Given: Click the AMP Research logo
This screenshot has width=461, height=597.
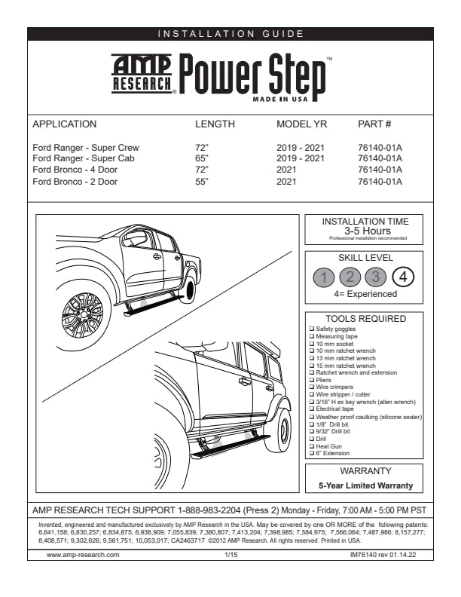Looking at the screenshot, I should [142, 74].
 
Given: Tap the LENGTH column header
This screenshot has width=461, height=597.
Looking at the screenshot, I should [215, 124].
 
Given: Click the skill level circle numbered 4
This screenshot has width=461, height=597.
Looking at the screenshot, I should [404, 277].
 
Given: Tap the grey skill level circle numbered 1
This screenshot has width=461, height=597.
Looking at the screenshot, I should [323, 277].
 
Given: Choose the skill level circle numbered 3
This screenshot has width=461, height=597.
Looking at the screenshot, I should [377, 277].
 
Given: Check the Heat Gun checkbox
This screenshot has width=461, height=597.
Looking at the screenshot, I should [312, 446].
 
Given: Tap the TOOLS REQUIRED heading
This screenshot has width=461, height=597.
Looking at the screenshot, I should [365, 319].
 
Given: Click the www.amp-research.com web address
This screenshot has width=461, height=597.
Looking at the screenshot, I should [83, 554].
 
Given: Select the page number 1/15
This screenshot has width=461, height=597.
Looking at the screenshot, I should [230, 554].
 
